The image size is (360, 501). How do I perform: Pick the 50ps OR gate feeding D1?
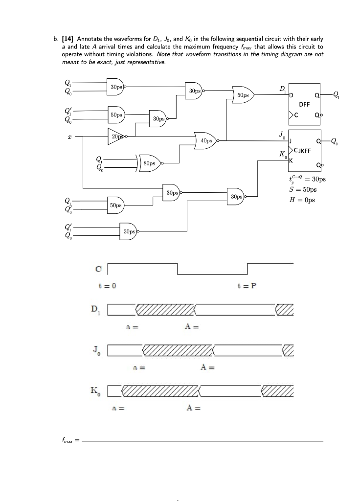242,95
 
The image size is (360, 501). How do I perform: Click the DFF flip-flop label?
304,104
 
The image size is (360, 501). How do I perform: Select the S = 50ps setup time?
303,189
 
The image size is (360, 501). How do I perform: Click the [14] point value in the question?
67,39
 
